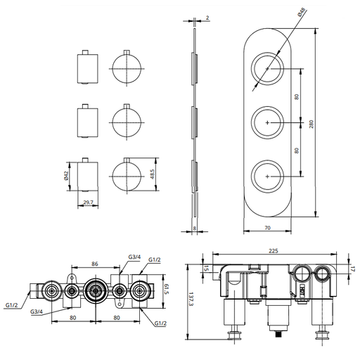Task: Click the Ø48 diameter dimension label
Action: (302, 13)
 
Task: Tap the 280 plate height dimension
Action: (311, 124)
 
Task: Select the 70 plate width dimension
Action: (267, 228)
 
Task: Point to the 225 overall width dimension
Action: (274, 251)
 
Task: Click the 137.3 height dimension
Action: (191, 300)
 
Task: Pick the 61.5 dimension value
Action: (167, 289)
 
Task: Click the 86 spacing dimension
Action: (95, 264)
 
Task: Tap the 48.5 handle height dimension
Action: (152, 174)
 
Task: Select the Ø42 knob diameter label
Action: (66, 176)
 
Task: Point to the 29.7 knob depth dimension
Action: (88, 202)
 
